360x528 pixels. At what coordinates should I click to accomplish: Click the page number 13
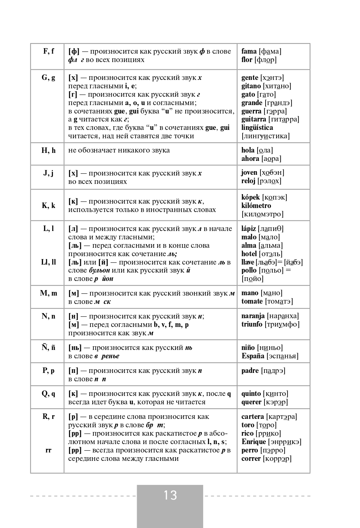coord(170,495)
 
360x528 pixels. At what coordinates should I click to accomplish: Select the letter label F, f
coord(49,51)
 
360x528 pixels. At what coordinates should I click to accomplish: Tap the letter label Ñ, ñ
coord(49,347)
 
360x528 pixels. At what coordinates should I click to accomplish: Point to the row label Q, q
coord(49,393)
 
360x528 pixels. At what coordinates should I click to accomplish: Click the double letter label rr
coord(49,450)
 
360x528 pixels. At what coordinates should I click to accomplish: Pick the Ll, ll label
coord(49,262)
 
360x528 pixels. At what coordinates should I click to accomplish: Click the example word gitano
coord(251,86)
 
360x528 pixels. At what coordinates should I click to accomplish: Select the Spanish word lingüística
coord(257,128)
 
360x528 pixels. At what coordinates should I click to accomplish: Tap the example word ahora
coord(250,159)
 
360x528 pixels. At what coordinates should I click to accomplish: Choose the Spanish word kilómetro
coord(256,206)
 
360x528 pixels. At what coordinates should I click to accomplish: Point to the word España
coord(253,356)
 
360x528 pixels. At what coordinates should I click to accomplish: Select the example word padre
coord(250,371)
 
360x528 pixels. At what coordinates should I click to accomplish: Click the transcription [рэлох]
coord(270,181)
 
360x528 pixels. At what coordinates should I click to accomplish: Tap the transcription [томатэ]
coord(279,301)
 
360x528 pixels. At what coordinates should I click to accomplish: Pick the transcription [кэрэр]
coord(276,402)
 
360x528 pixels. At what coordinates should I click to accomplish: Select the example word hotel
coord(249,254)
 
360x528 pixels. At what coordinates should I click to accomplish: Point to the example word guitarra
coord(253,119)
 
